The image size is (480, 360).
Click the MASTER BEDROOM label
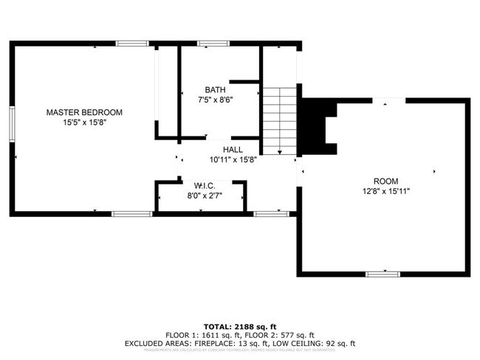[x=84, y=112]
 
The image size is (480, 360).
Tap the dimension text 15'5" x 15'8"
[x=84, y=123]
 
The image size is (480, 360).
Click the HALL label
[x=233, y=150]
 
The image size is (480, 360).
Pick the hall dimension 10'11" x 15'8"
[x=233, y=160]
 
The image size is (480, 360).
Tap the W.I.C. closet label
[x=205, y=185]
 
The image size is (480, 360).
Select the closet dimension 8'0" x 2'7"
[x=205, y=195]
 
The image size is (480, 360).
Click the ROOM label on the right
[x=385, y=181]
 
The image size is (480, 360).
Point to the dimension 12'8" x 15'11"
[x=385, y=191]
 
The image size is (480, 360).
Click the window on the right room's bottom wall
[x=383, y=274]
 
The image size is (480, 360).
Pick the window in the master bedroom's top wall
[x=132, y=44]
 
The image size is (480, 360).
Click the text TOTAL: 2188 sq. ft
[x=240, y=325]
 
